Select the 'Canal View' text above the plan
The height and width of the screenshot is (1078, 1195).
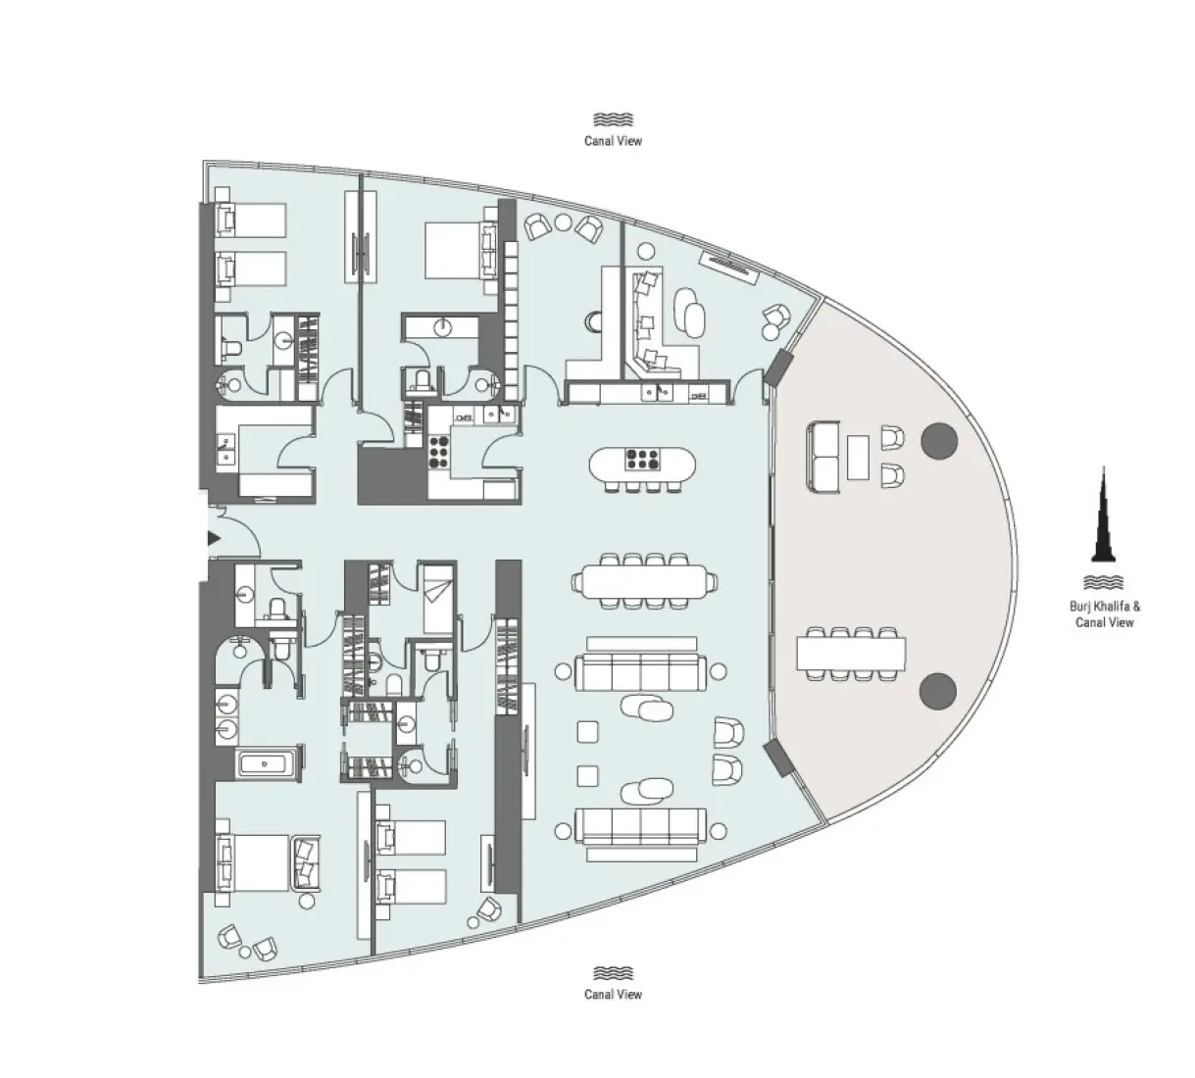pyautogui.click(x=613, y=141)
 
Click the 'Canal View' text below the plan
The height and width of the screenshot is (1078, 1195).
pyautogui.click(x=613, y=994)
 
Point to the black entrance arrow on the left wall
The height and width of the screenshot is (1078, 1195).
pyautogui.click(x=213, y=537)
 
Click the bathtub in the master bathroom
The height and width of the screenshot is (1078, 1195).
pyautogui.click(x=266, y=762)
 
